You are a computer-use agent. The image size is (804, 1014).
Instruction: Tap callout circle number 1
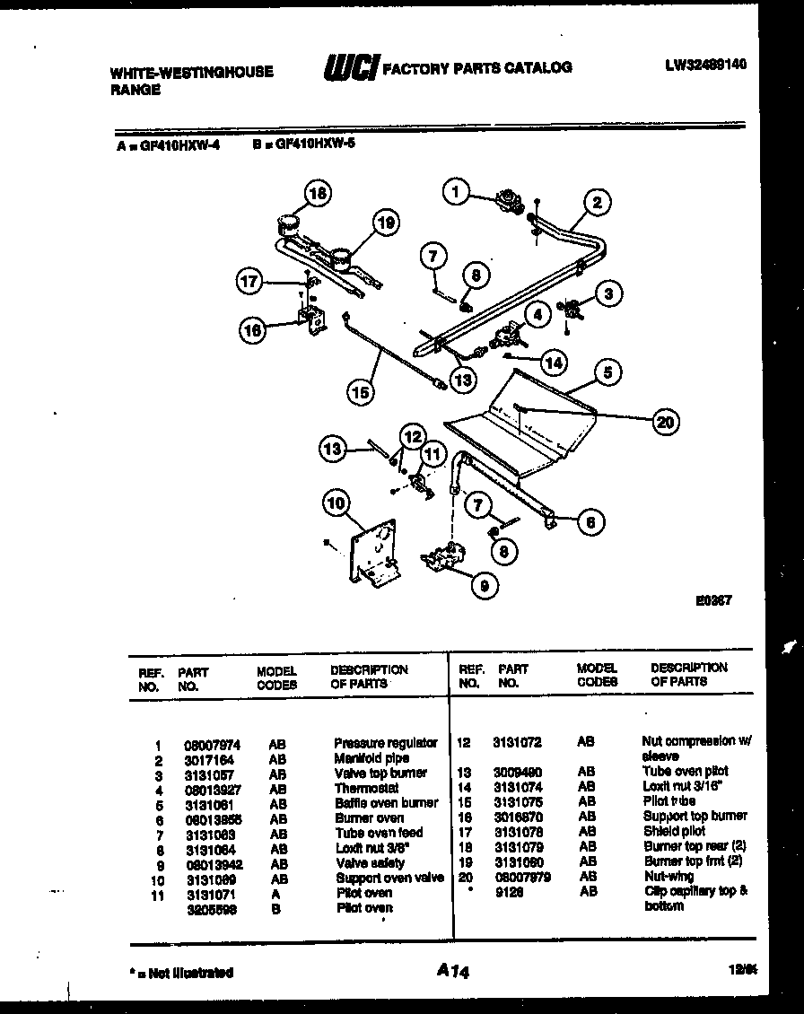[x=457, y=190]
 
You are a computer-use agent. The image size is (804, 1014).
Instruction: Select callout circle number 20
[x=666, y=423]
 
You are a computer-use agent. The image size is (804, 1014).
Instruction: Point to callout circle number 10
[x=336, y=504]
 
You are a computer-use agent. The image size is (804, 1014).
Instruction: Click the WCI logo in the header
[x=351, y=67]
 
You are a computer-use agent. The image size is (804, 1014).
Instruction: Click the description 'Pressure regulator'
[x=386, y=743]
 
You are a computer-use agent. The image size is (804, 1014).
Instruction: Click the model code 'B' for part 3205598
[x=275, y=908]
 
